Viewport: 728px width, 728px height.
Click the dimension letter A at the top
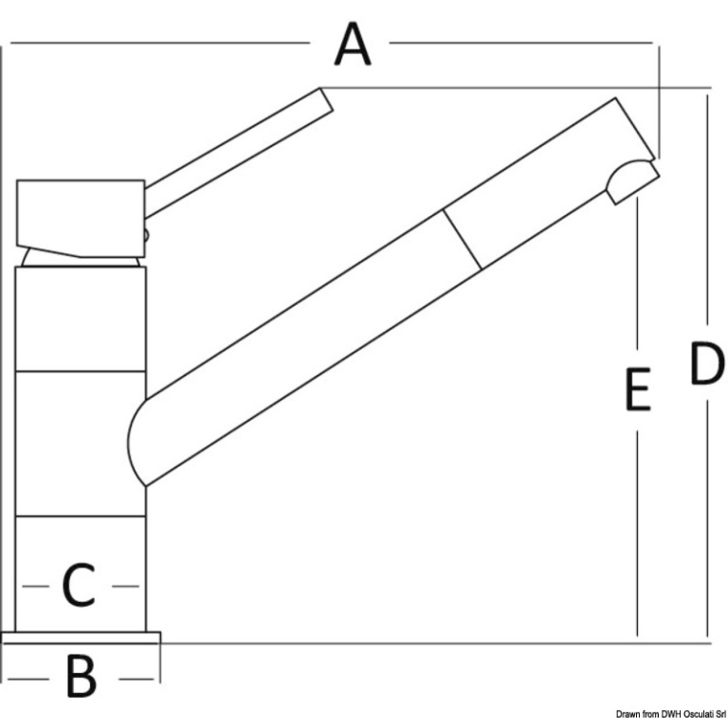pyautogui.click(x=353, y=45)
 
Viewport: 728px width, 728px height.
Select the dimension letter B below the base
pyautogui.click(x=82, y=676)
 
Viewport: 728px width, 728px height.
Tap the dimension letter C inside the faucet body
pyautogui.click(x=79, y=585)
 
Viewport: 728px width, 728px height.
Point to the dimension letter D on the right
pyautogui.click(x=706, y=364)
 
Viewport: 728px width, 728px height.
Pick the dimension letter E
pyautogui.click(x=637, y=389)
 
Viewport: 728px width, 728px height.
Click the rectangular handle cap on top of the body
pyautogui.click(x=81, y=218)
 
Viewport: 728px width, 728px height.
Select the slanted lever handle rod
pyautogui.click(x=239, y=153)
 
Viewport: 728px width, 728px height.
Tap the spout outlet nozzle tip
pyautogui.click(x=633, y=182)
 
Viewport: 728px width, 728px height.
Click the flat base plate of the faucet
pyautogui.click(x=82, y=637)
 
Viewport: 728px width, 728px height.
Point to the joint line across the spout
pyautogui.click(x=463, y=239)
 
